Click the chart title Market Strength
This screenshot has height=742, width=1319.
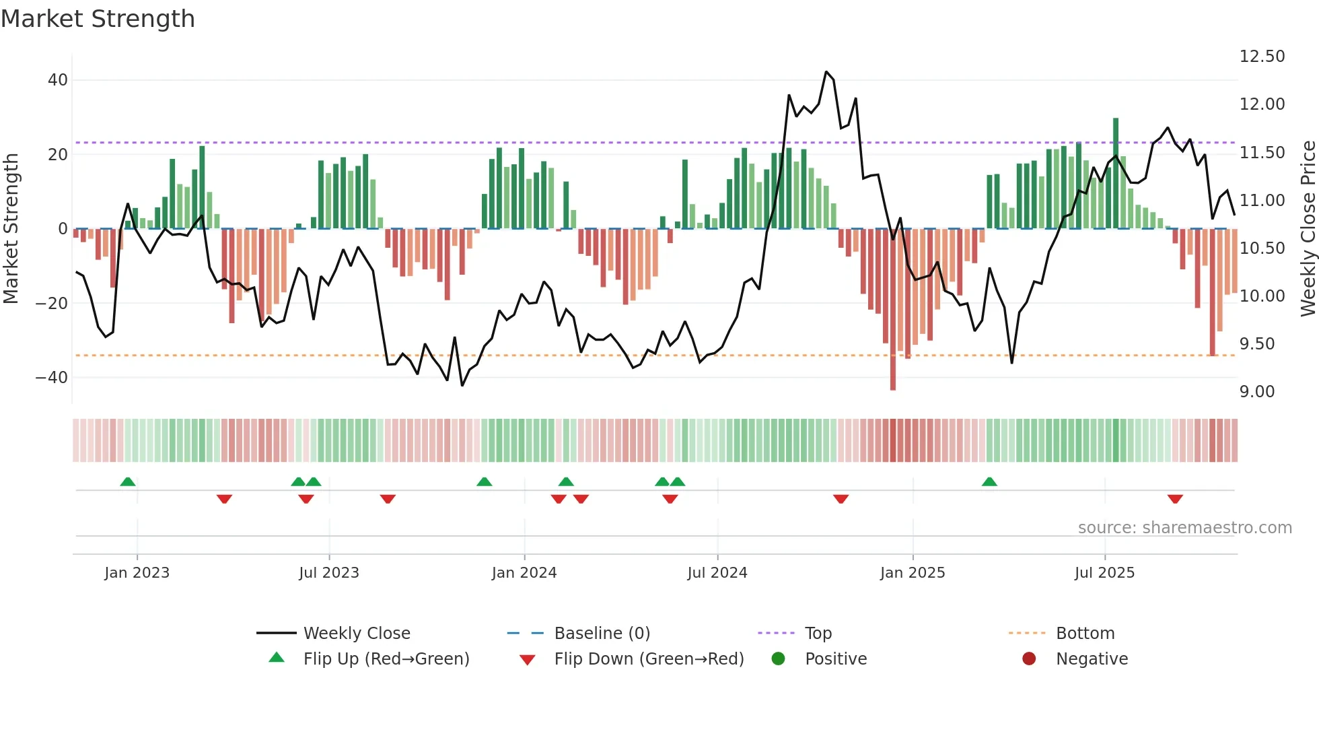pos(98,19)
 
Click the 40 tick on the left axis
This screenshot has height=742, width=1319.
pos(58,80)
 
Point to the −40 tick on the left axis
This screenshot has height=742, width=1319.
pos(52,378)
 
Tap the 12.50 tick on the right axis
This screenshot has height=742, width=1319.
pos(1262,57)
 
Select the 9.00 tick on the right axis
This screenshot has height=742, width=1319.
pos(1257,392)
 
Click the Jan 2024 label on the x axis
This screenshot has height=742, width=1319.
pos(524,573)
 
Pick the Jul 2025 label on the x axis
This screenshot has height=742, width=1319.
pos(1104,573)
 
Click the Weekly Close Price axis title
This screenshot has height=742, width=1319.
pos(1308,229)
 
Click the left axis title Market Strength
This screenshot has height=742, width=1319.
pos(11,229)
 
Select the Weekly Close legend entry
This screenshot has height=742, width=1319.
pos(356,634)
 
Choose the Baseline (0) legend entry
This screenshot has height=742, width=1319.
pos(602,634)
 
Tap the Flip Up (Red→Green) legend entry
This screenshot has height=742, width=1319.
pos(386,659)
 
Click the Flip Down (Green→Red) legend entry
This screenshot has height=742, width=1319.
pos(649,659)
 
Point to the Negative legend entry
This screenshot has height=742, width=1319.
pos(1091,659)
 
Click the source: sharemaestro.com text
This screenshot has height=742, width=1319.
pos(1184,528)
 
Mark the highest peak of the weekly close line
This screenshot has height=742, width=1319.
pos(826,72)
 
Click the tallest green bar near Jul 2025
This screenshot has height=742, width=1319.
pos(1116,173)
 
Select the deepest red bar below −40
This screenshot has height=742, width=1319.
pos(893,310)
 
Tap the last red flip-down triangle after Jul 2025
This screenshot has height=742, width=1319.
pos(1175,499)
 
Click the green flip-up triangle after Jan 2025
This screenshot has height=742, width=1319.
pos(989,481)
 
